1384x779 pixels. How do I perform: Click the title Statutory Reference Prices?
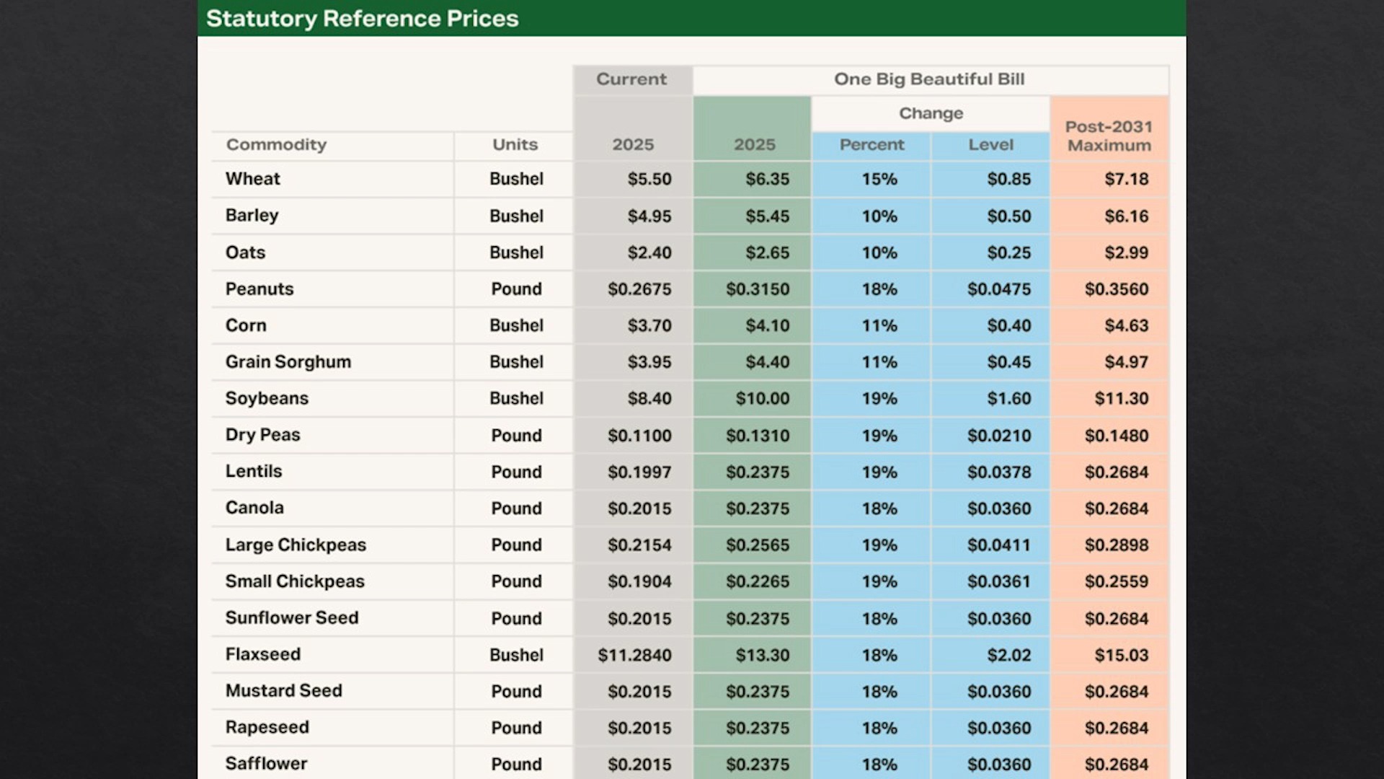(x=362, y=19)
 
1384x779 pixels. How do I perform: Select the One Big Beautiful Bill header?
(x=929, y=79)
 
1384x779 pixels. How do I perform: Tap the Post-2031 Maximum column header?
(x=1109, y=136)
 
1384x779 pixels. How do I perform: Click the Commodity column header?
(x=276, y=144)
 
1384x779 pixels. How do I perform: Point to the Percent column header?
(x=871, y=144)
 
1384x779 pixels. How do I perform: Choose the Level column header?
(x=990, y=144)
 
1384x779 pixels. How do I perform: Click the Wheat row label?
(x=252, y=179)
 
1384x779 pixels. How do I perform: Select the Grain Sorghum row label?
(x=288, y=362)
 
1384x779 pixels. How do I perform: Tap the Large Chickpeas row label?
(x=296, y=545)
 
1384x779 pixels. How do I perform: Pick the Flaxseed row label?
(x=262, y=654)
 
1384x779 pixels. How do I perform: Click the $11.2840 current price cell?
(x=634, y=655)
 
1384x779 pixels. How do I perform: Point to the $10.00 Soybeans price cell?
(x=763, y=399)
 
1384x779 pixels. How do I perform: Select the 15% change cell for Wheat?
(x=879, y=179)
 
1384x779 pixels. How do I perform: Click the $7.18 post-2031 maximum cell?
(x=1127, y=179)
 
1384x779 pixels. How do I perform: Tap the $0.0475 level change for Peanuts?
(x=999, y=289)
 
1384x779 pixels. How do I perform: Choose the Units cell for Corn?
(x=516, y=325)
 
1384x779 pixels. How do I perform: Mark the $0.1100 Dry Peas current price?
(x=639, y=436)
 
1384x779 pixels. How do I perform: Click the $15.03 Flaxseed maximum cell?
(x=1122, y=655)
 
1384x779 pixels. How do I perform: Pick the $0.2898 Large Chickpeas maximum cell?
(x=1117, y=545)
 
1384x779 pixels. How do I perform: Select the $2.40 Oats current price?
(x=649, y=252)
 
